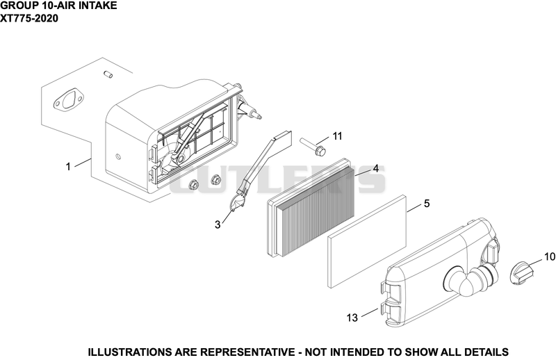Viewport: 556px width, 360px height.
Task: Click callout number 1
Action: [68, 166]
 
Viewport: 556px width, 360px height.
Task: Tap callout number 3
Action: [218, 224]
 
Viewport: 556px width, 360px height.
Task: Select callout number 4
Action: [375, 168]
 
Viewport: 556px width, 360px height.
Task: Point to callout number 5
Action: [427, 204]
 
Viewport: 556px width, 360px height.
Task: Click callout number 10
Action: [550, 256]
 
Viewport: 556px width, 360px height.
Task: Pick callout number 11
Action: [337, 136]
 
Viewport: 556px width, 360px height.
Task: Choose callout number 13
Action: [352, 318]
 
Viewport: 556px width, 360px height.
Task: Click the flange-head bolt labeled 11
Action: [313, 147]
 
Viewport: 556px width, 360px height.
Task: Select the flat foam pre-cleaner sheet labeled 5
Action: [367, 241]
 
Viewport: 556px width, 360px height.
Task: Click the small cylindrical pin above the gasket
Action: [108, 74]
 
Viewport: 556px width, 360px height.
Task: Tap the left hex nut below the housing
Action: [193, 184]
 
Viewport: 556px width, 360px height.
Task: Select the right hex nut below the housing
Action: [215, 179]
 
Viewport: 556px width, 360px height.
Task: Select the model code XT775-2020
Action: [29, 18]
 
